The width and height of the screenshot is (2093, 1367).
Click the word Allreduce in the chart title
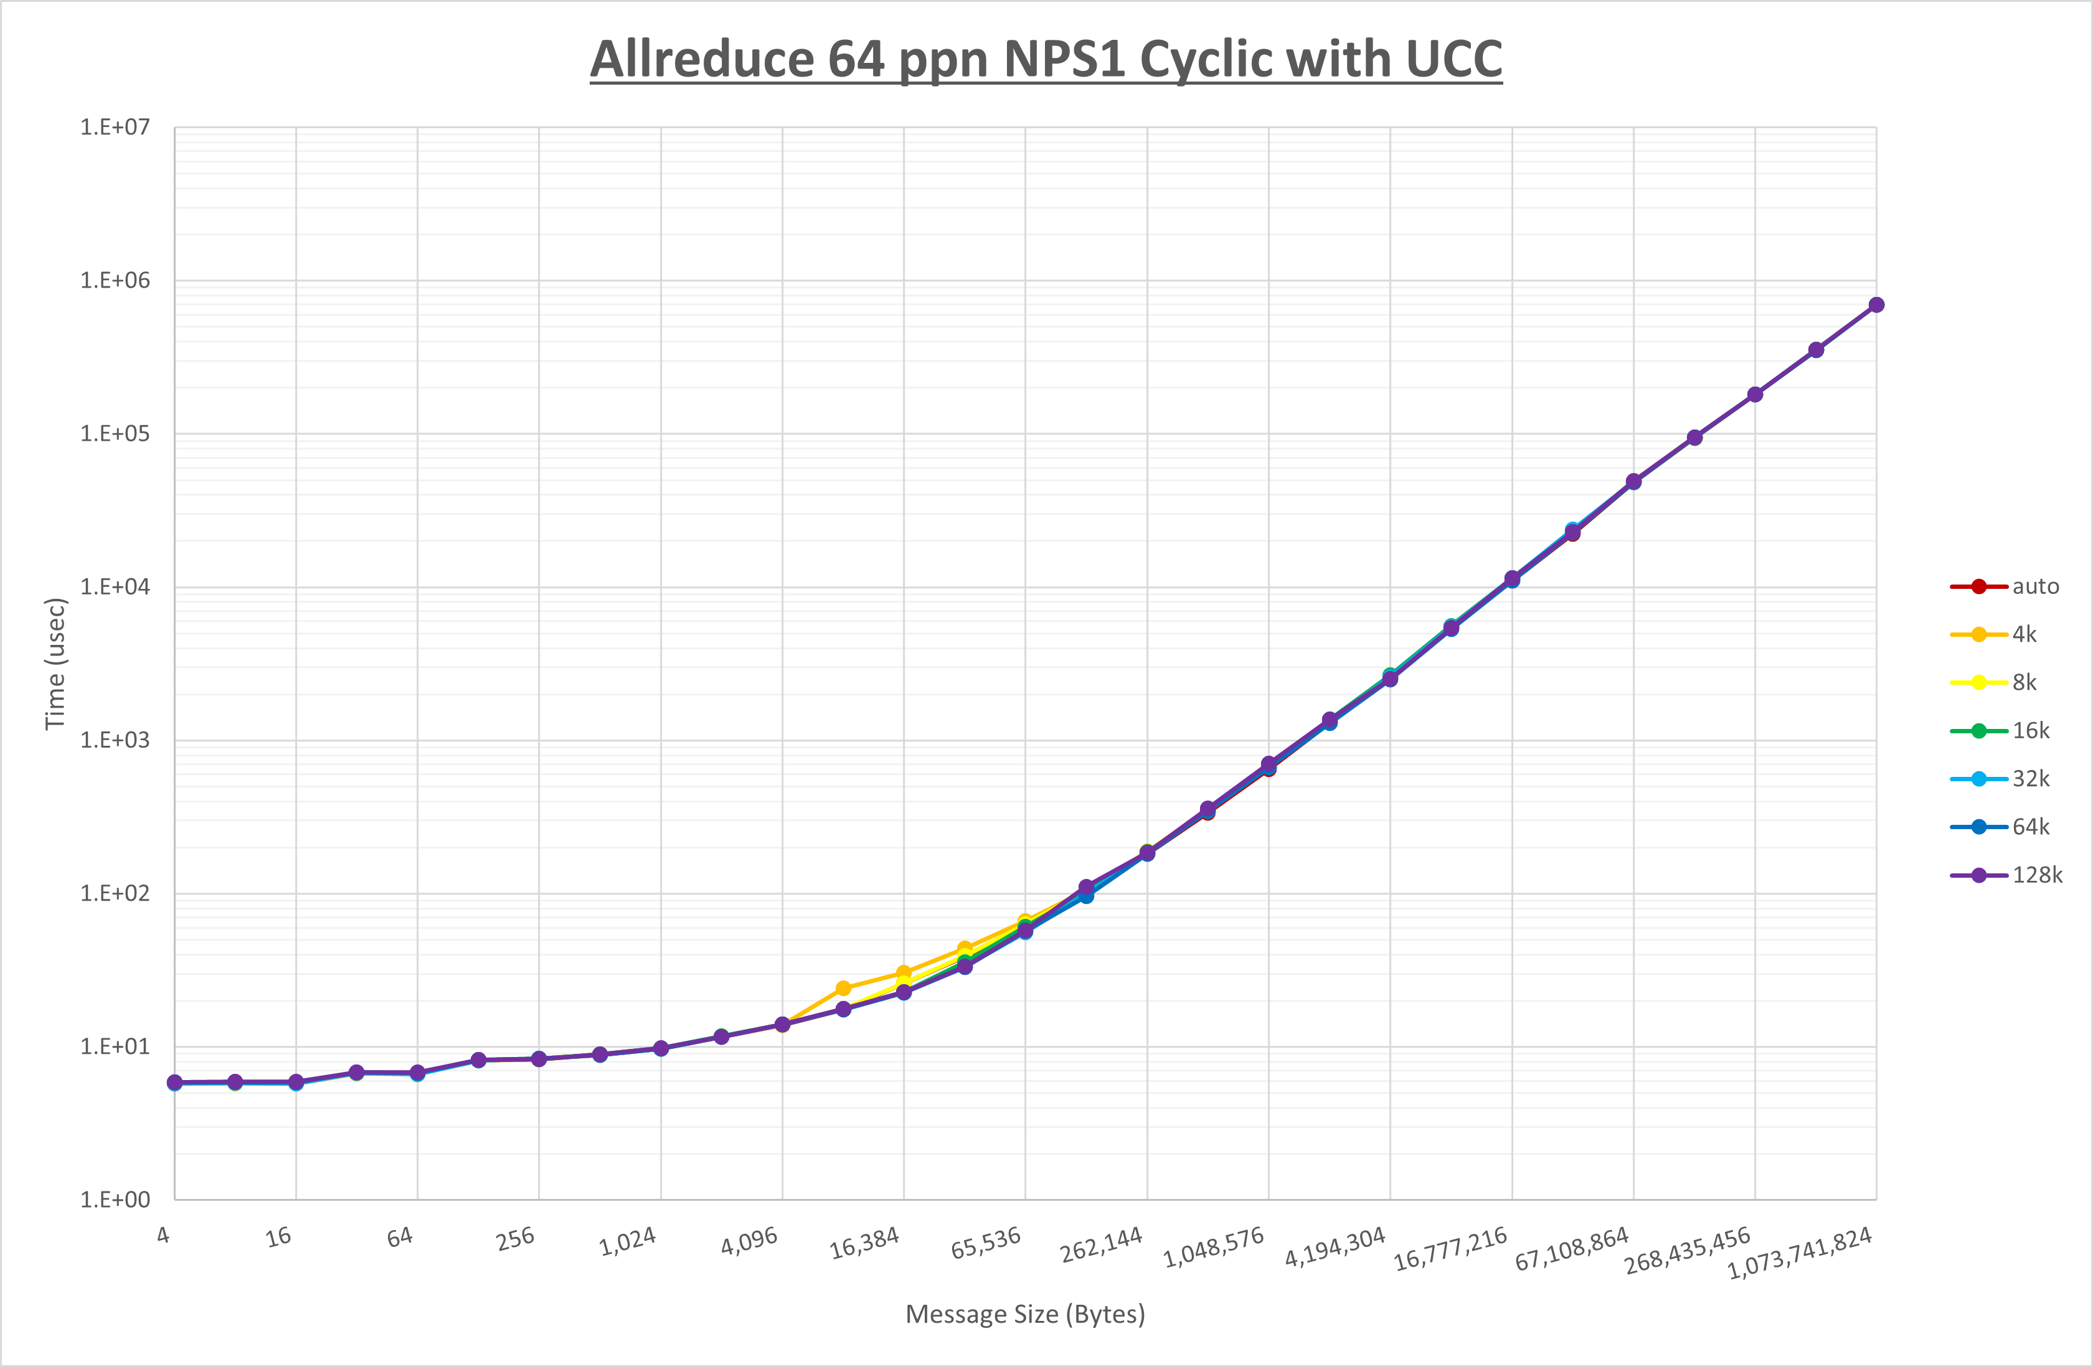pyautogui.click(x=702, y=60)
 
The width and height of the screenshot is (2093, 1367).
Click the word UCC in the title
pyautogui.click(x=1453, y=60)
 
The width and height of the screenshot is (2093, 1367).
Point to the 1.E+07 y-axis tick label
pyautogui.click(x=115, y=128)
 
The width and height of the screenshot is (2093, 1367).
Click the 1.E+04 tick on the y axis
pyautogui.click(x=115, y=586)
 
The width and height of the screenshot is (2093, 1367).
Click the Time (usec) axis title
pyautogui.click(x=55, y=664)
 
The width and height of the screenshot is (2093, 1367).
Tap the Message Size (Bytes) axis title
pyautogui.click(x=1024, y=1314)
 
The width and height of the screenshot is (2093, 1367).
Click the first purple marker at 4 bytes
pyautogui.click(x=174, y=1082)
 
